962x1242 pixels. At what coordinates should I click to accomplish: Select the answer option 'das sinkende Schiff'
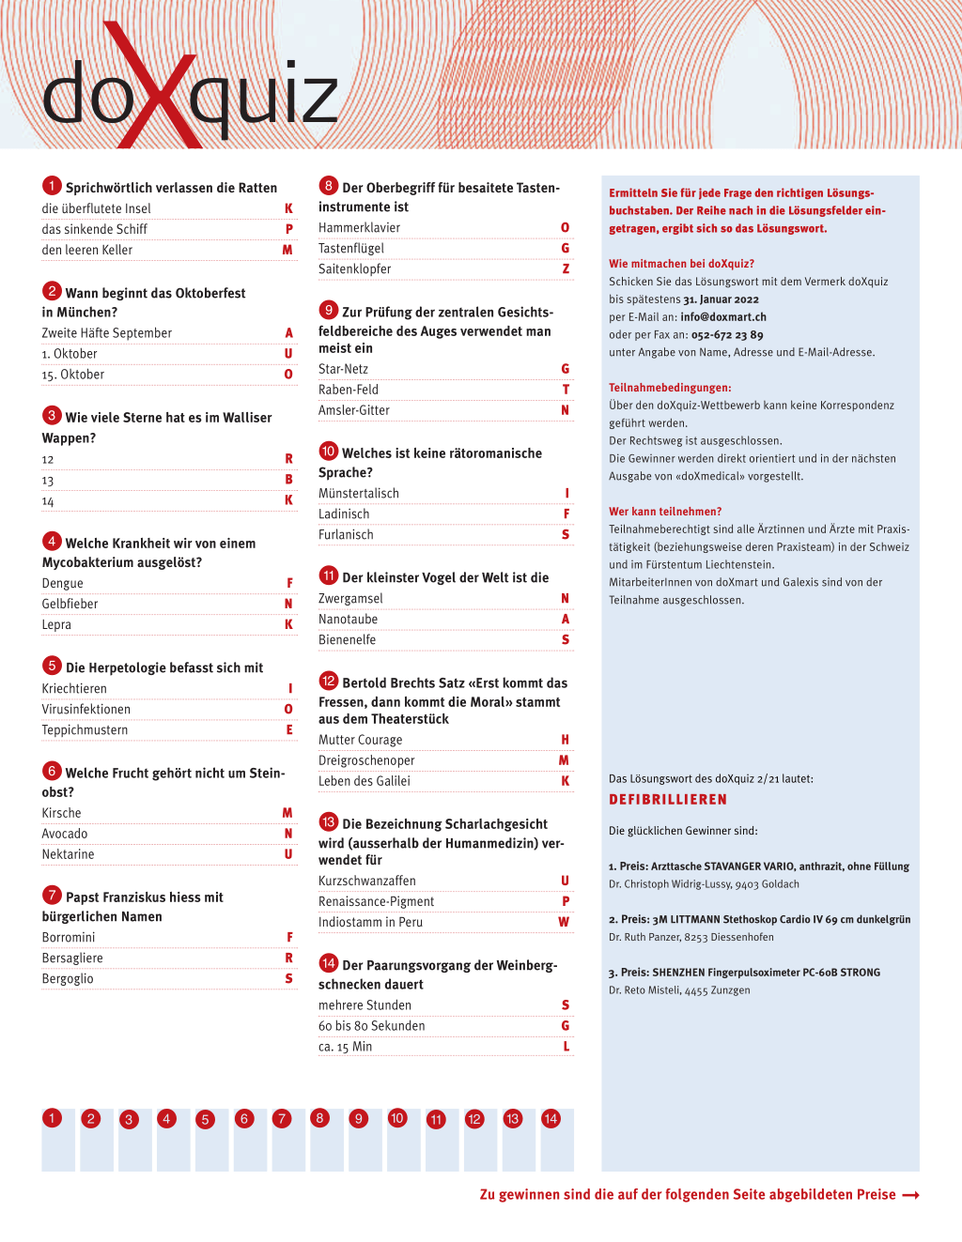click(95, 229)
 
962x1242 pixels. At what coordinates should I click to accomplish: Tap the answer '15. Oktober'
click(73, 375)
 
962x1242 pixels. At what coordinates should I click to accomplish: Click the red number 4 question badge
click(52, 541)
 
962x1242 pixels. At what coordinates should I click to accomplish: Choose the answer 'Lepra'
click(56, 624)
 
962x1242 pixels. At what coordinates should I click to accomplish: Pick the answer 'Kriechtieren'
click(74, 688)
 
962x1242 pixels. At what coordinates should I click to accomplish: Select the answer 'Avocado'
click(65, 834)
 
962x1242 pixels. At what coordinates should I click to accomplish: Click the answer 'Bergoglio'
click(68, 978)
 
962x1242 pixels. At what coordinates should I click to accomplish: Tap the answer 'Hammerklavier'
click(359, 227)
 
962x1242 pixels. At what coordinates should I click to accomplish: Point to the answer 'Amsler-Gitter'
click(354, 410)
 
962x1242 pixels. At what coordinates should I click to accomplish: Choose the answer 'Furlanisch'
click(346, 534)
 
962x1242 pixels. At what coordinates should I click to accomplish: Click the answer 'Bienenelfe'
click(347, 639)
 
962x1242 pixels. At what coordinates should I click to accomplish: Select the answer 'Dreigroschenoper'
click(366, 760)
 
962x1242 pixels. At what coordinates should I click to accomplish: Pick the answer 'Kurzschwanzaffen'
click(367, 881)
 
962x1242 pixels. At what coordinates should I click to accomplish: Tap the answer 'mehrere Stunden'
click(365, 1004)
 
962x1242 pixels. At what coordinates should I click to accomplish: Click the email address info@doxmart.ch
click(723, 317)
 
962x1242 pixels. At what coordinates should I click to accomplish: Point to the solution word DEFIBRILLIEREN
click(668, 800)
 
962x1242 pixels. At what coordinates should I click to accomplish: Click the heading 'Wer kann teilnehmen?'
click(665, 512)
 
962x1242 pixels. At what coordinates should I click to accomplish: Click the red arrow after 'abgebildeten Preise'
click(910, 1195)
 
